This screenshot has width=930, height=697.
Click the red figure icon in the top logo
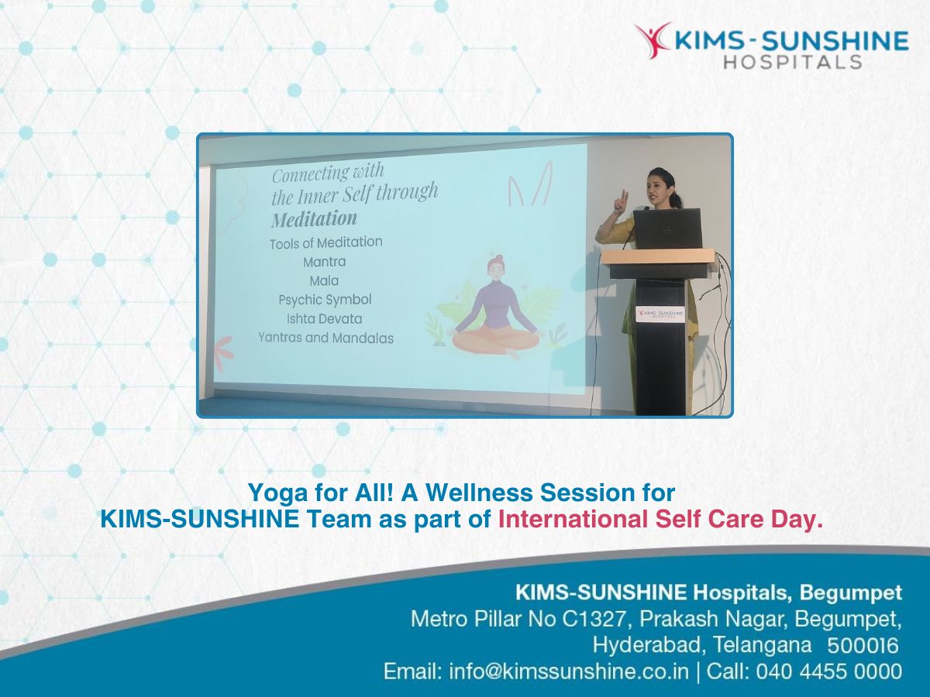pos(652,39)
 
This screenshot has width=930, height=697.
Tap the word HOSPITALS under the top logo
pos(793,62)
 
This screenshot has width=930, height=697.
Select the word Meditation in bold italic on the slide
pos(314,219)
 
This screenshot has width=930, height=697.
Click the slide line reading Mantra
pos(325,262)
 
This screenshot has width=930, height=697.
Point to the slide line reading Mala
pos(324,280)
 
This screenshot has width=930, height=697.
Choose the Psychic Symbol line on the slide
pos(325,300)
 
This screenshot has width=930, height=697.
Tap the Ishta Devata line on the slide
pos(325,318)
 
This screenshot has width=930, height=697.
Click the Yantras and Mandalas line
pos(325,338)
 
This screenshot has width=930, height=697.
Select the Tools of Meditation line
pos(325,242)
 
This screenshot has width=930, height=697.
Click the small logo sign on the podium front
pos(661,314)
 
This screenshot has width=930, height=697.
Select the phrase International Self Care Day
pos(660,519)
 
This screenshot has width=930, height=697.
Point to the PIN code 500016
pos(863,646)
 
